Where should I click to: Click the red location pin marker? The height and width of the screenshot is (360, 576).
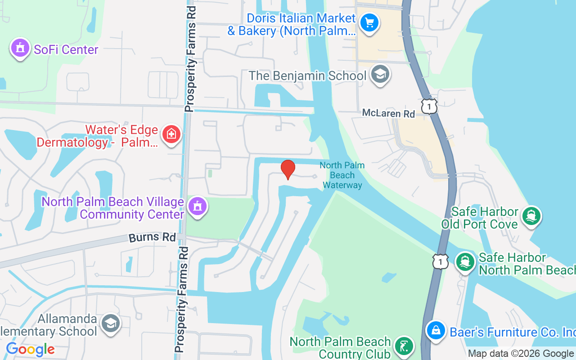pyautogui.click(x=288, y=169)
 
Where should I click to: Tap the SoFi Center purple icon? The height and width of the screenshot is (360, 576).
pyautogui.click(x=20, y=48)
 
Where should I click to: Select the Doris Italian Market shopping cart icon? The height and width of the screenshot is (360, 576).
pyautogui.click(x=370, y=22)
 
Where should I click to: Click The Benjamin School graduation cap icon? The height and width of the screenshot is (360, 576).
pyautogui.click(x=380, y=74)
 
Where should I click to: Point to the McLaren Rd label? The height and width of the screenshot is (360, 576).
pyautogui.click(x=388, y=113)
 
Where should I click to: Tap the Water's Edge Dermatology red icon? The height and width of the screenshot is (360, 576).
pyautogui.click(x=171, y=134)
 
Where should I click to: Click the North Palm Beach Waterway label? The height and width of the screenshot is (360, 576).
pyautogui.click(x=342, y=175)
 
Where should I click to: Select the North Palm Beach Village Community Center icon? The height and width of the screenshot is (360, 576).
pyautogui.click(x=197, y=207)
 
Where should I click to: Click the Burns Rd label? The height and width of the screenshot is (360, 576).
pyautogui.click(x=152, y=237)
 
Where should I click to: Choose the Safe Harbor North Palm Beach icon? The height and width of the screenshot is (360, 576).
pyautogui.click(x=465, y=261)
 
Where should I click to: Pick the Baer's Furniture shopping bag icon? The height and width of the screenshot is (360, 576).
pyautogui.click(x=436, y=331)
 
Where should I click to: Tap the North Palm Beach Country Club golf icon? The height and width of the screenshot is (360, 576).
pyautogui.click(x=404, y=346)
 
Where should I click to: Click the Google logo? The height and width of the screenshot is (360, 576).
pyautogui.click(x=30, y=349)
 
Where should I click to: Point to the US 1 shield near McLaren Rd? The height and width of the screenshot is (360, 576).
pyautogui.click(x=429, y=106)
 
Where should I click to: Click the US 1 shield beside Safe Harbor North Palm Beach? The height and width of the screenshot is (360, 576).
pyautogui.click(x=441, y=261)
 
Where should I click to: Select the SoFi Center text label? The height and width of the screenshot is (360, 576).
pyautogui.click(x=66, y=49)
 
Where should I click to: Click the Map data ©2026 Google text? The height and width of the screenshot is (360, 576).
pyautogui.click(x=521, y=354)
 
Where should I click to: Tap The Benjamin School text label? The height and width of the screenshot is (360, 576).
pyautogui.click(x=308, y=76)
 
